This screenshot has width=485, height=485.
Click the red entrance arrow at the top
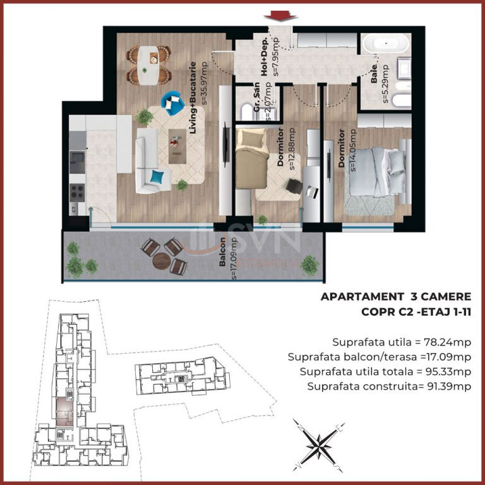tap(281, 16)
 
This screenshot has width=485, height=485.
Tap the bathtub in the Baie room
tap(386, 44)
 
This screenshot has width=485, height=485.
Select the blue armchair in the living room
tap(172, 103)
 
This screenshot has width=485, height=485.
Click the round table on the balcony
tap(162, 261)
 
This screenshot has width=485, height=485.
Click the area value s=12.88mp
tap(291, 149)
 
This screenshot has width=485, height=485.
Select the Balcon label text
tap(222, 251)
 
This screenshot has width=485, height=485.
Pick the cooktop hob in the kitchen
tap(76, 193)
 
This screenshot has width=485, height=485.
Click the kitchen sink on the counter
tap(76, 158)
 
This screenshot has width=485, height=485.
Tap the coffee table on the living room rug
tap(177, 147)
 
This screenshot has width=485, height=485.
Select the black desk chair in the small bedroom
tap(294, 186)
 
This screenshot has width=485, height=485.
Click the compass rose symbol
tap(318, 446)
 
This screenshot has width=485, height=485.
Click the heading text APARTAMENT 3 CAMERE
tap(396, 297)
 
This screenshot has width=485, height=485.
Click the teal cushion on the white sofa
tap(157, 177)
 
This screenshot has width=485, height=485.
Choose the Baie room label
tap(374, 74)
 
